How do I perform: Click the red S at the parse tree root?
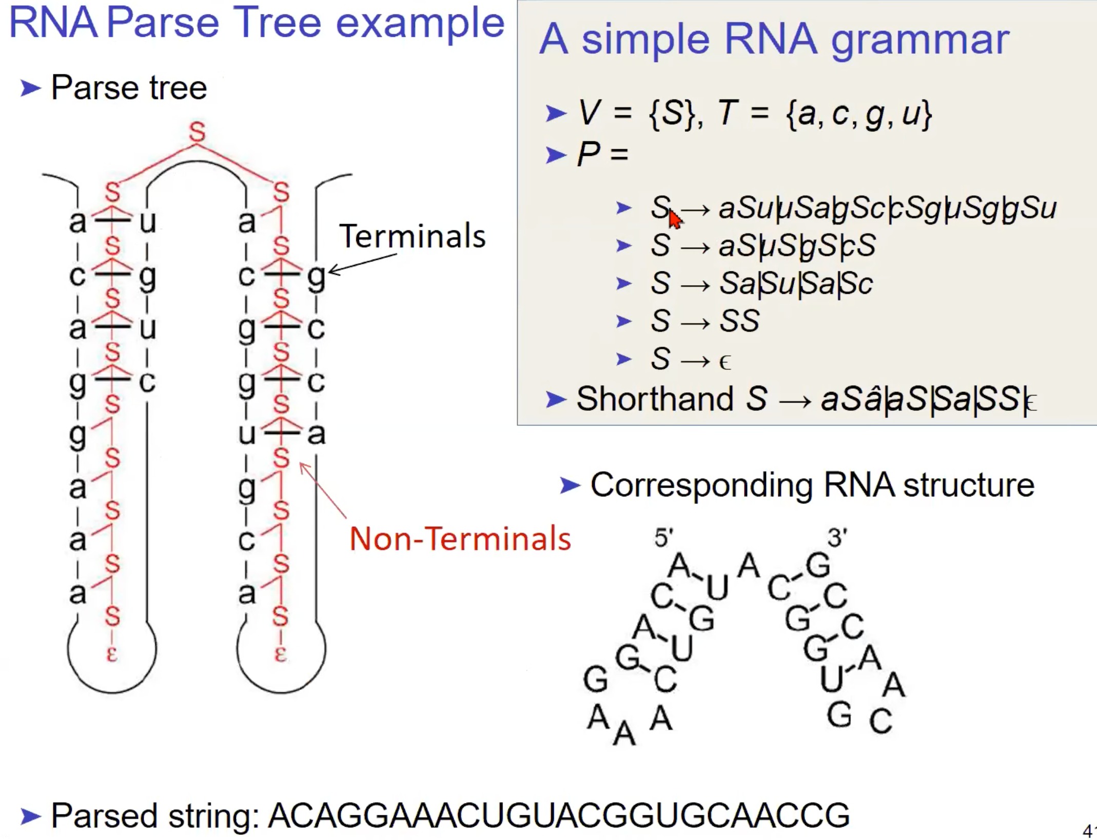197,131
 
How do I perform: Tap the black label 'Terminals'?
412,236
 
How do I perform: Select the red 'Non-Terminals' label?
460,539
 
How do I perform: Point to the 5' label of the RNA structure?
663,538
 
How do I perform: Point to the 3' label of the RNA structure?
837,538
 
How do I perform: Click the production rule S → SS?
704,321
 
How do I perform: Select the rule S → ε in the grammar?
690,359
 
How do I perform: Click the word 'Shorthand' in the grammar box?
655,398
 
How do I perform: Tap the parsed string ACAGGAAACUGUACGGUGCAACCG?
559,815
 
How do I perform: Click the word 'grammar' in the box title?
920,39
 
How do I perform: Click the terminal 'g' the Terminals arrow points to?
316,277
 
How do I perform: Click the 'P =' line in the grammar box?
602,153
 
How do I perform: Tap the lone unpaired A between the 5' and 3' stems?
749,567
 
